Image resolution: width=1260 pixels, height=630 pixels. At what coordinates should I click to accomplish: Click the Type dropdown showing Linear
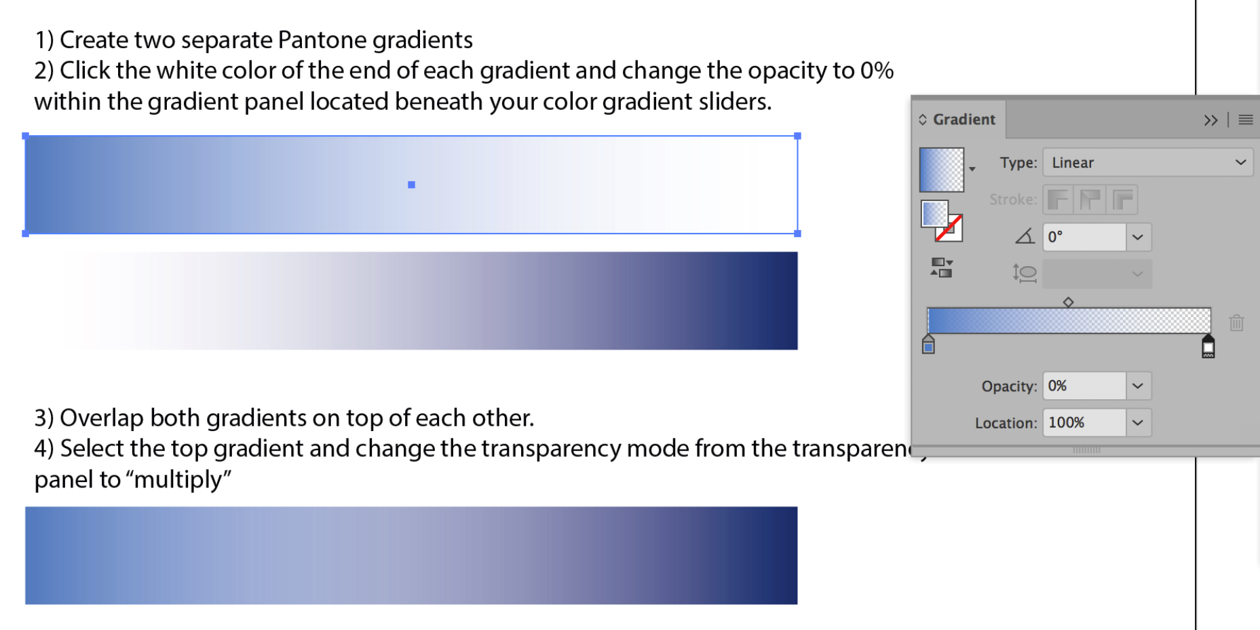click(x=1147, y=163)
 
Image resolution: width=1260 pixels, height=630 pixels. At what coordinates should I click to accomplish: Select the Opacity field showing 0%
click(x=1084, y=386)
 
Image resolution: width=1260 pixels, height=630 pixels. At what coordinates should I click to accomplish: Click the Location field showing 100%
click(x=1084, y=423)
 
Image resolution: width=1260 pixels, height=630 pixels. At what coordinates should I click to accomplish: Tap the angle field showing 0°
click(x=1084, y=237)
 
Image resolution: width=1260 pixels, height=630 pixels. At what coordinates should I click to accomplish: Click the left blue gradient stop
click(x=928, y=346)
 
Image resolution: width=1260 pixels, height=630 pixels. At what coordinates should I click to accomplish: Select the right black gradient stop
click(x=1208, y=347)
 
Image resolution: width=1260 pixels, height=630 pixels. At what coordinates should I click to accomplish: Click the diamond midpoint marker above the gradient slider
click(x=1068, y=302)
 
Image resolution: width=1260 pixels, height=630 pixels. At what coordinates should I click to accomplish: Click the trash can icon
click(x=1236, y=322)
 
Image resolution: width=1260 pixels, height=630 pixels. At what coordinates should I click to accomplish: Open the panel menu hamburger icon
click(x=1246, y=120)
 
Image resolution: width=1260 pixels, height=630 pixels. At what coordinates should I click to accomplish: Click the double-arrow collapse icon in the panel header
click(x=1210, y=120)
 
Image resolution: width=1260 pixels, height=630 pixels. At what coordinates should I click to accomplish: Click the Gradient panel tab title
click(x=963, y=119)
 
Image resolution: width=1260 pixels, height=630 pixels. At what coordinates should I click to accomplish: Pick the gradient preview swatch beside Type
click(x=941, y=170)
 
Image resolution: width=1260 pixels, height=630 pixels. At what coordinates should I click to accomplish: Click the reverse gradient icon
click(x=941, y=267)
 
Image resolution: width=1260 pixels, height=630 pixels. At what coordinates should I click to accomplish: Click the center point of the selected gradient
click(x=411, y=185)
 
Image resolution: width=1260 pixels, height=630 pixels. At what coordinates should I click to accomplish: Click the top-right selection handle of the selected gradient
click(x=797, y=136)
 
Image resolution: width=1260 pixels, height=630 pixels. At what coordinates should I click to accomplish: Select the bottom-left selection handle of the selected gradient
click(x=26, y=234)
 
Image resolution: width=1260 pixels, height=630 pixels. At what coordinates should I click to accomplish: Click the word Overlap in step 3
click(x=102, y=418)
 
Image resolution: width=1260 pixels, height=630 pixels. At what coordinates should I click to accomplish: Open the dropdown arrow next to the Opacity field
click(x=1138, y=386)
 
